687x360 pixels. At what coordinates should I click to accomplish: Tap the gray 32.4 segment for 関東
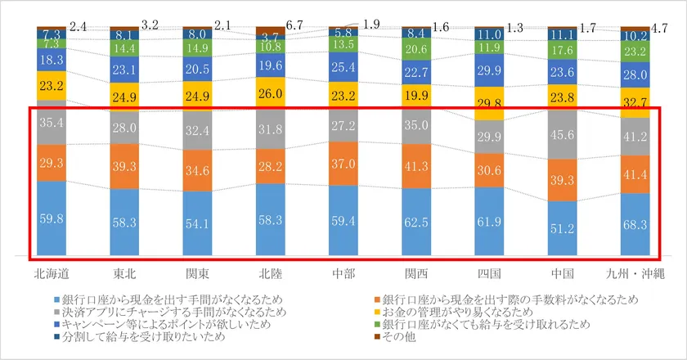click(197, 129)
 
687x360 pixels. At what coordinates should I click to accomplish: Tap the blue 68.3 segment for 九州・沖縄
click(635, 224)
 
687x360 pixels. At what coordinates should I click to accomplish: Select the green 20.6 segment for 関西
click(416, 50)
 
